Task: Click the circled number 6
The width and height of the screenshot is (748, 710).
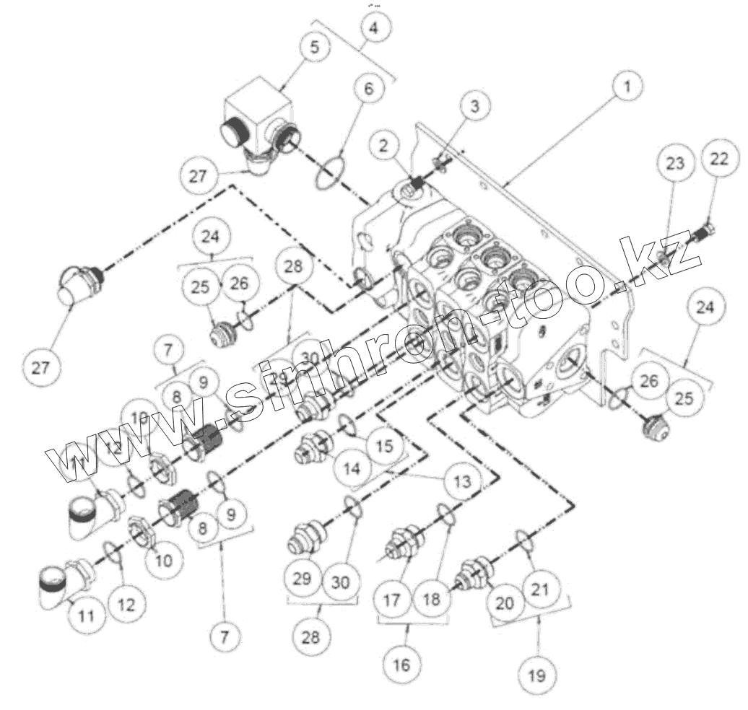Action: (x=369, y=89)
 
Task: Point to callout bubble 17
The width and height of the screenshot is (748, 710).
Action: (x=391, y=600)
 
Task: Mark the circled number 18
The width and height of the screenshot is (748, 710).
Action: (x=431, y=600)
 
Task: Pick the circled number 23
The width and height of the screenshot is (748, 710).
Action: (x=675, y=164)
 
